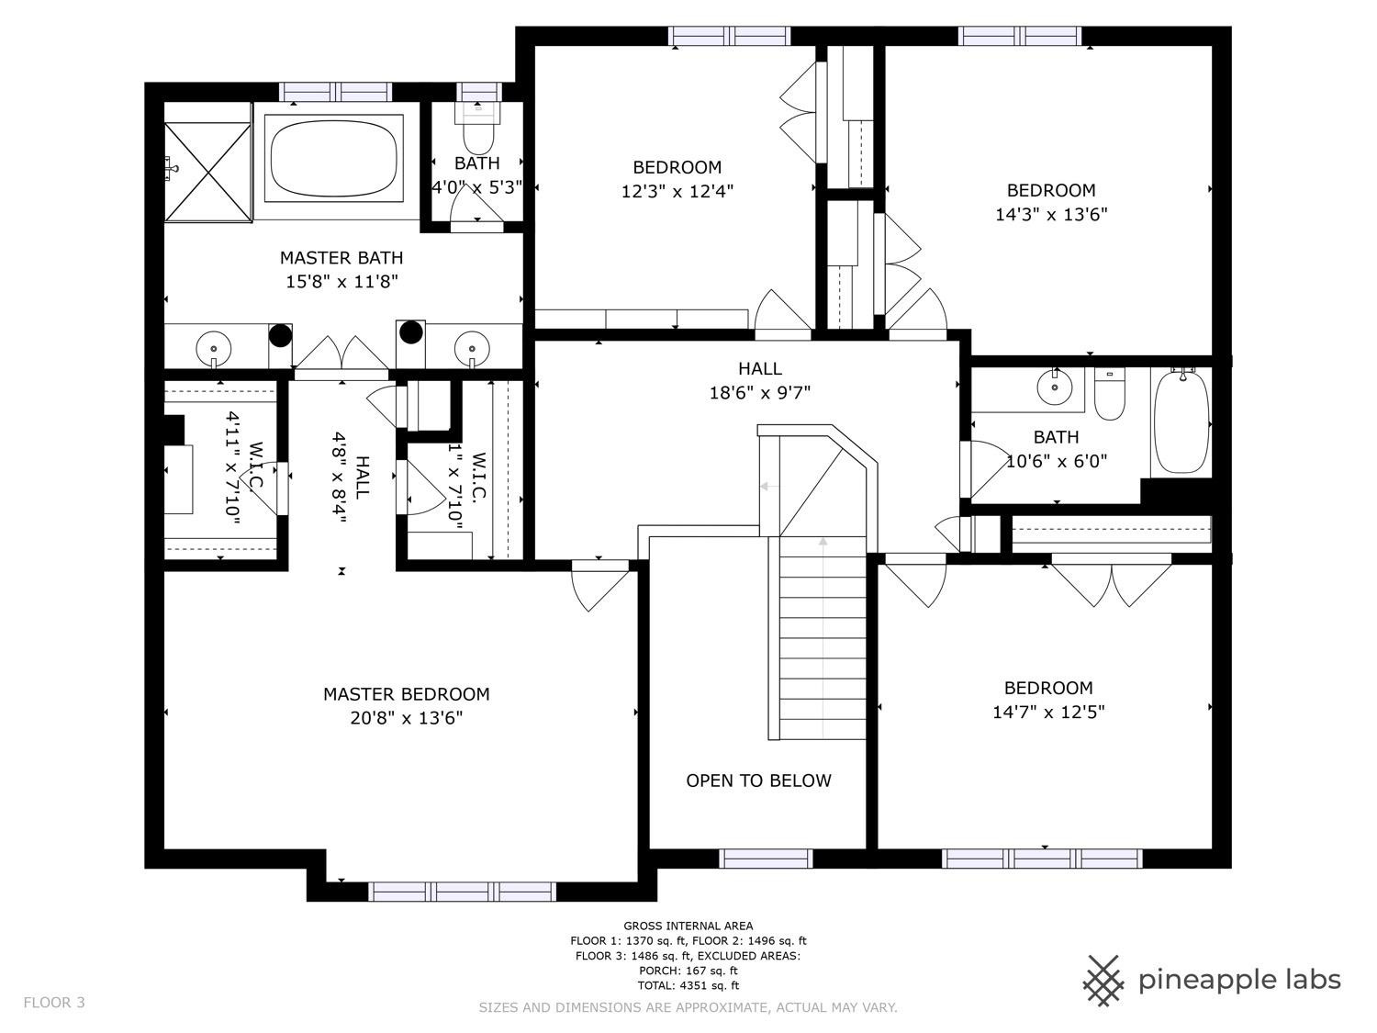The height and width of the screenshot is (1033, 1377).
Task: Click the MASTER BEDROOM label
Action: [x=406, y=694]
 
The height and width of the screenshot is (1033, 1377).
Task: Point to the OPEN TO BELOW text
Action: [x=758, y=780]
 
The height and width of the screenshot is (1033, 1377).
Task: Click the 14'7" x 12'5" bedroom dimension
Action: [x=1048, y=712]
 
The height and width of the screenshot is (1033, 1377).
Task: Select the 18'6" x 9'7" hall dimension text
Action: [x=760, y=393]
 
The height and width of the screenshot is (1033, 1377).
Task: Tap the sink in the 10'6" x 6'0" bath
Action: [x=1054, y=387]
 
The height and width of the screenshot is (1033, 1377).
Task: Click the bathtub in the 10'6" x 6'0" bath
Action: [x=1181, y=422]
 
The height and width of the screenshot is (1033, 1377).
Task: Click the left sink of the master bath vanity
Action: [x=214, y=348]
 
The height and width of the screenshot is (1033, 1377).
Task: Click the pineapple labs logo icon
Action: [x=1104, y=980]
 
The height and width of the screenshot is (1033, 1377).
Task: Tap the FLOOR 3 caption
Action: [x=54, y=1003]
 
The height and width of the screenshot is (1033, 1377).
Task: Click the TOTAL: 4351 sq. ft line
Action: [x=688, y=985]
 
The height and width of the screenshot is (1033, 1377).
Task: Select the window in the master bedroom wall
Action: [x=462, y=892]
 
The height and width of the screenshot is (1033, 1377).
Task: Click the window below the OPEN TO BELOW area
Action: [x=766, y=859]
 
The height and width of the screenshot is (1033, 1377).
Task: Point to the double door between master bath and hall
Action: [x=341, y=356]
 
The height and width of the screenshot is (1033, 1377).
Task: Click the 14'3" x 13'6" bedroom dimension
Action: [x=1051, y=215]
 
